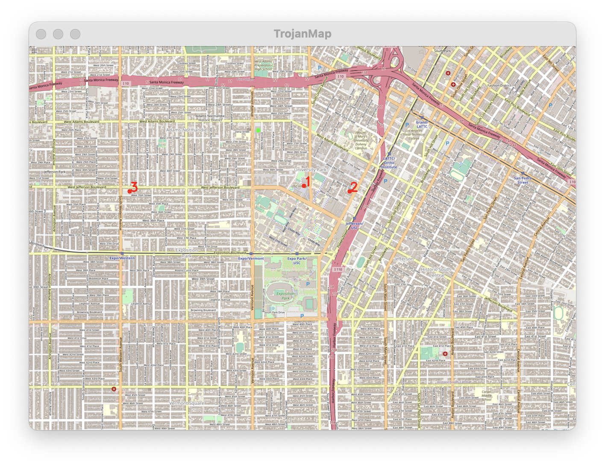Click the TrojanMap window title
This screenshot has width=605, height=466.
(302, 34)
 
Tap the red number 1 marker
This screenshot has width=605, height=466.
(304, 186)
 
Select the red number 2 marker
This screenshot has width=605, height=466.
(349, 191)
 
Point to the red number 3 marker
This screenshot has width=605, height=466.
(129, 191)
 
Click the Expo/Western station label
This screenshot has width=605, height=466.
(122, 258)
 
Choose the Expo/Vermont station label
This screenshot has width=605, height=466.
(251, 259)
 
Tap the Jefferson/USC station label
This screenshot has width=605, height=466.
(354, 226)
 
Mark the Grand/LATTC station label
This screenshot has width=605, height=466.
(422, 124)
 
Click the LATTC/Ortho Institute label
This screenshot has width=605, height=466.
(389, 163)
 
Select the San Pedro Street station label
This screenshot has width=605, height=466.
(523, 180)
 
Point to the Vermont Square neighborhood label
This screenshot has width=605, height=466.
(187, 403)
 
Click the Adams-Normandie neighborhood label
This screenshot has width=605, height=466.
(186, 130)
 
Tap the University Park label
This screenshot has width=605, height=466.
(310, 169)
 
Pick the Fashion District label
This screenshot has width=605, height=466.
(499, 85)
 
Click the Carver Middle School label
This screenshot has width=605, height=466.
(486, 396)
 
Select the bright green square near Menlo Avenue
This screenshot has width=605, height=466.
(258, 129)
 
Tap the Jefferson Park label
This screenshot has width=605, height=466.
(55, 172)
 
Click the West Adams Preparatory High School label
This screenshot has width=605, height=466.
(263, 65)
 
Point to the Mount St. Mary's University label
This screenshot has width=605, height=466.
(361, 140)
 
